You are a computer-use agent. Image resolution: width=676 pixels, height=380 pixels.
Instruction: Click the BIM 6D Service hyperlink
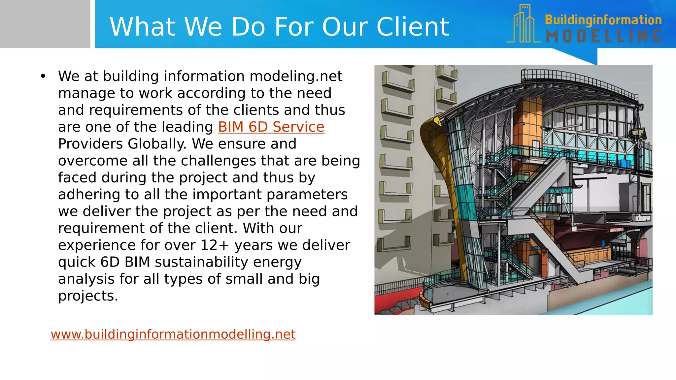point(271,127)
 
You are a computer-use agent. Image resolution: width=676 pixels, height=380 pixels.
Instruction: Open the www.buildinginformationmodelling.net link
point(173,334)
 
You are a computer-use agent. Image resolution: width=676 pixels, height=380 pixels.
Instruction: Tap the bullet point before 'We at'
point(43,76)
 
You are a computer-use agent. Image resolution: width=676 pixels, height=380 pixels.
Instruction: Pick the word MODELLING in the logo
point(604,36)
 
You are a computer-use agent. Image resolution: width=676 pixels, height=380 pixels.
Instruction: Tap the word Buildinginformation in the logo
point(603,20)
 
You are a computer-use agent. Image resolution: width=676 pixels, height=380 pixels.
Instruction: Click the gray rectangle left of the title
point(45,24)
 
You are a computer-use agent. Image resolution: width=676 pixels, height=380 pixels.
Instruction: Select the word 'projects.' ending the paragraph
point(88,296)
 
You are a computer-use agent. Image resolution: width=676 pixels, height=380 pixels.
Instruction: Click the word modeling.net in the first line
point(296,76)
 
